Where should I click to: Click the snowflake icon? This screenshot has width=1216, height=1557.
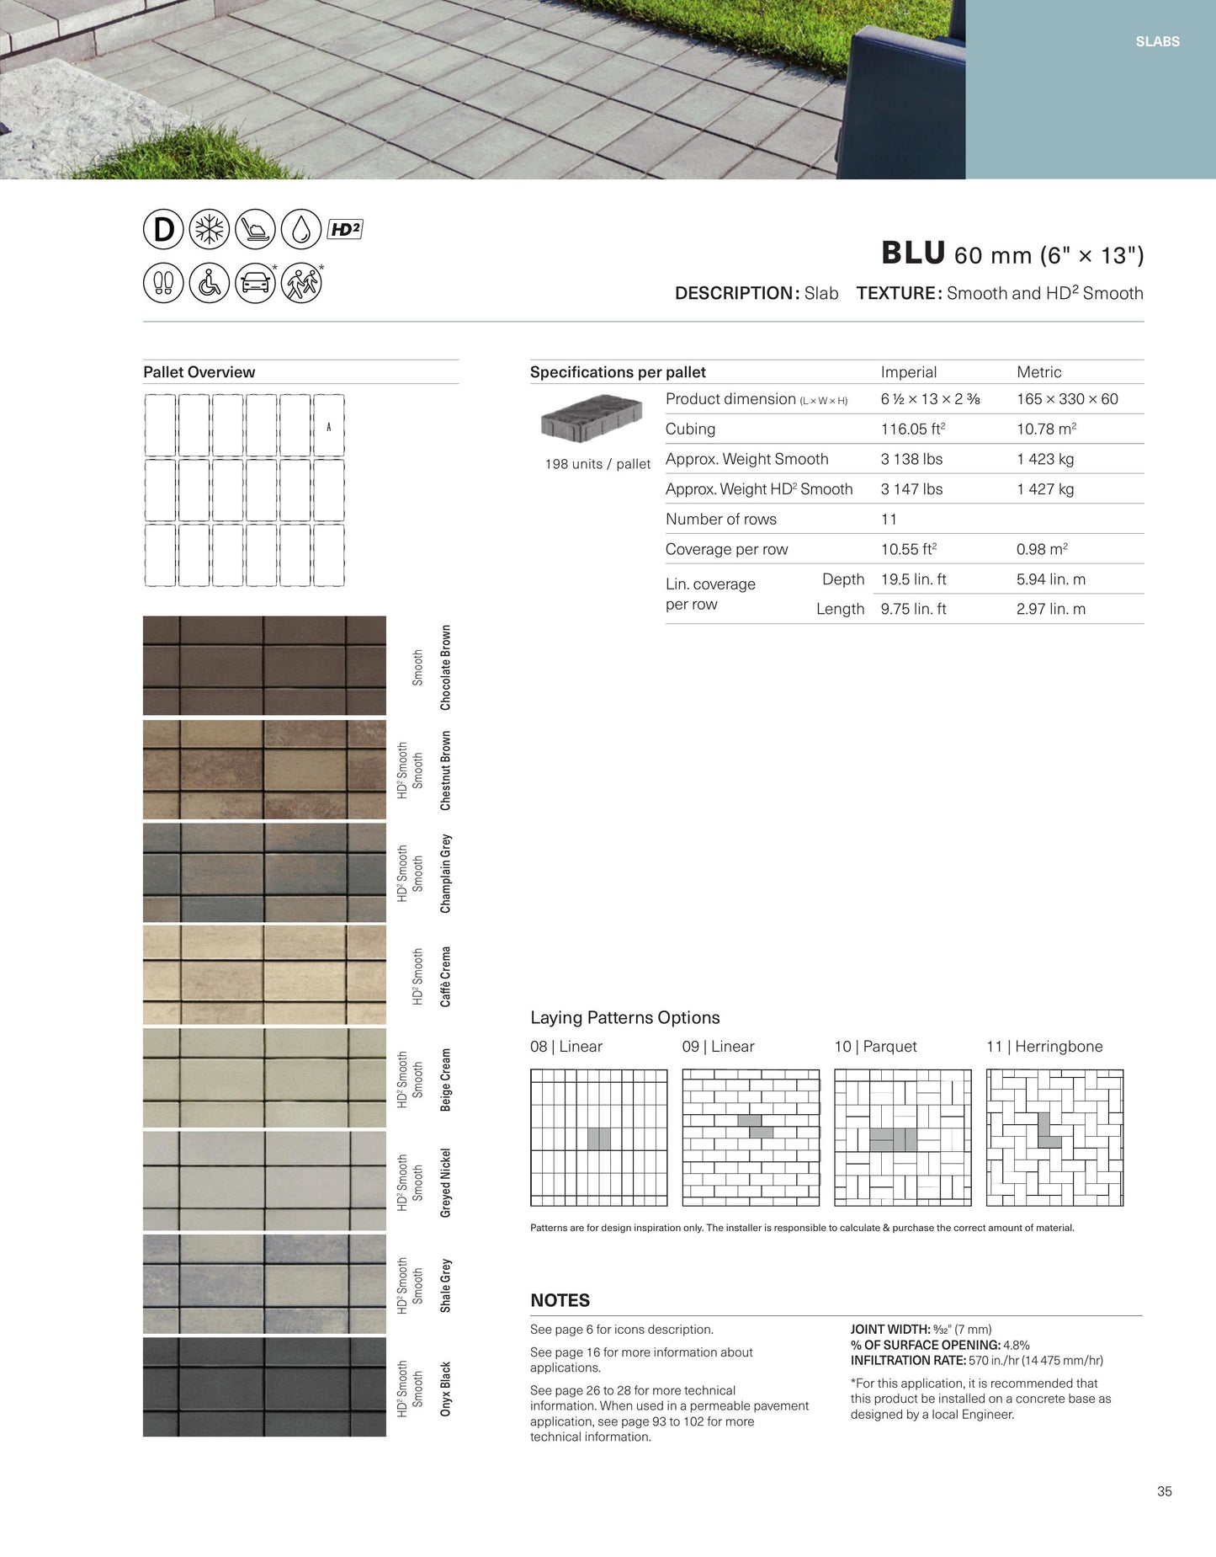click(x=210, y=229)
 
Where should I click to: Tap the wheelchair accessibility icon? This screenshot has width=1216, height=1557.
click(x=210, y=283)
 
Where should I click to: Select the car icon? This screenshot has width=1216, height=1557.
click(x=255, y=283)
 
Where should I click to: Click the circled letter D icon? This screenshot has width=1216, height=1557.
click(x=163, y=229)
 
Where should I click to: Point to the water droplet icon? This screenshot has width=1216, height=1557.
click(x=300, y=229)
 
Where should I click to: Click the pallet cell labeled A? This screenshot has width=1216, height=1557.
click(x=328, y=426)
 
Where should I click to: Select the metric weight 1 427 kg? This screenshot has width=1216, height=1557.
click(x=1045, y=489)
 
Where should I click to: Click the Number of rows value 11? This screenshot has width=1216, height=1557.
click(x=889, y=520)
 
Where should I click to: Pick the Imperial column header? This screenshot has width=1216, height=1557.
click(x=908, y=372)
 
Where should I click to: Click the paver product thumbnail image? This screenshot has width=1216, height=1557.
click(x=592, y=418)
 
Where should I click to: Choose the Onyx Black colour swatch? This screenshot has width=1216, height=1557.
click(x=264, y=1387)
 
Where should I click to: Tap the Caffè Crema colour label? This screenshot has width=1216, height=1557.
click(x=445, y=977)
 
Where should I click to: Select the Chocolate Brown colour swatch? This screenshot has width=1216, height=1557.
click(x=264, y=665)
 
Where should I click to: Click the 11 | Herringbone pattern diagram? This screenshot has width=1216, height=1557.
click(x=1054, y=1138)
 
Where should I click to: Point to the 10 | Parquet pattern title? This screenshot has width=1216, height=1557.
click(x=875, y=1047)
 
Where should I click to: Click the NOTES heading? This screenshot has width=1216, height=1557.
click(x=560, y=1300)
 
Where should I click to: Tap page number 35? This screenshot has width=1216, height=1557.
click(x=1164, y=1491)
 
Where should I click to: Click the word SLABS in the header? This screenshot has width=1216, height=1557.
click(x=1157, y=41)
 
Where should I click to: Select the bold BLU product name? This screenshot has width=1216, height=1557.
click(x=913, y=253)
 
